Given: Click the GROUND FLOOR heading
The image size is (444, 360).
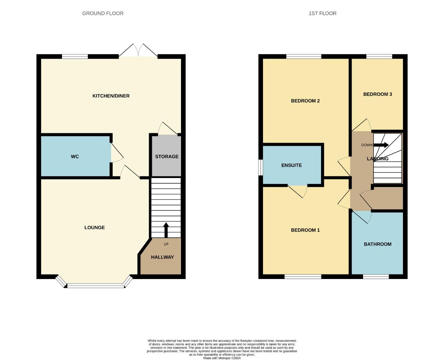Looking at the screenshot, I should point(103,13).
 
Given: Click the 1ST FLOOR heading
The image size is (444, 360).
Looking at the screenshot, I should point(322,13).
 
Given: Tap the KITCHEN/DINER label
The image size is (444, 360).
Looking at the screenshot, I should point(111,96).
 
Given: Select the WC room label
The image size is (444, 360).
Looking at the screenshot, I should point(75,157).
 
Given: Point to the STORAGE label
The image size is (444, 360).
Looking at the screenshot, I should point(167,157).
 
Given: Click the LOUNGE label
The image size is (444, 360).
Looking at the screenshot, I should point(94,228).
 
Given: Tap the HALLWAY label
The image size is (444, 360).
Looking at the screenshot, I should point(162,257).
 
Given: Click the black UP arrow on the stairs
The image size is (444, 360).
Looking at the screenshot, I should point(166,229).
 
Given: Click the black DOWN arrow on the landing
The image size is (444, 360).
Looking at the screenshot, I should point(381,145).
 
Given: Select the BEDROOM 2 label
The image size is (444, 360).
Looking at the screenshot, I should point(305,101).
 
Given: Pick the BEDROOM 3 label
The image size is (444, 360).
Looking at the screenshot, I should point(377,94).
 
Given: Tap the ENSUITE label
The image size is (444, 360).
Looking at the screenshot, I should point(291,165).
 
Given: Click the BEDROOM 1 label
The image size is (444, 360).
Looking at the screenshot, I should point(305,230).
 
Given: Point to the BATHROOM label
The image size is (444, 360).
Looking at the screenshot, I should point(377,244).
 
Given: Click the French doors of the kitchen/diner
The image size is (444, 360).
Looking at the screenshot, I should point(138,53).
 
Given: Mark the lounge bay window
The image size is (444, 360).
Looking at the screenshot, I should point(96,285).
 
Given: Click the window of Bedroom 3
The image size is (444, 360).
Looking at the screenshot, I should point(379,56).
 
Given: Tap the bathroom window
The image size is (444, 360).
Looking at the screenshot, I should point(376,277).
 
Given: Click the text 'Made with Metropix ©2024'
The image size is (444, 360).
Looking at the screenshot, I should point(222,358).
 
